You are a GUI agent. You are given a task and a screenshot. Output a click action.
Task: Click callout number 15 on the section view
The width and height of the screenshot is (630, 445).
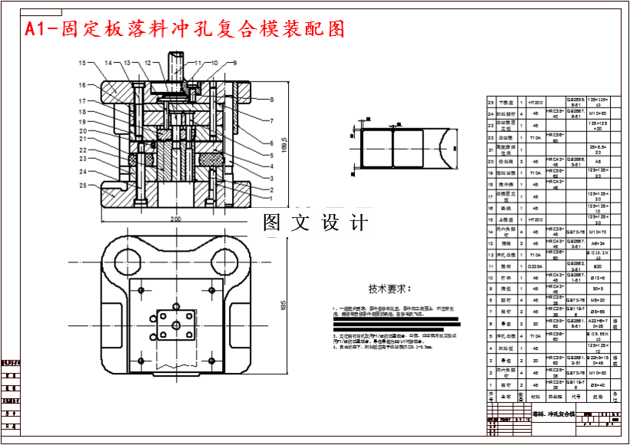[x=81, y=62]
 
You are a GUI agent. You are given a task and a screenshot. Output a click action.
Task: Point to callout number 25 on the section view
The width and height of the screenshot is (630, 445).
[x=81, y=184]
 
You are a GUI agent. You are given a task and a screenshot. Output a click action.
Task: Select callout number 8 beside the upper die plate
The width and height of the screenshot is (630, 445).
[x=271, y=100]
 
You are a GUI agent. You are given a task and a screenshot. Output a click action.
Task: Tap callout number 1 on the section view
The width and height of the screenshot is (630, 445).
[x=271, y=198]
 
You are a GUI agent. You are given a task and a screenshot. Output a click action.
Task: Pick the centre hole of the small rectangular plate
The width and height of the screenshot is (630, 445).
[x=176, y=326]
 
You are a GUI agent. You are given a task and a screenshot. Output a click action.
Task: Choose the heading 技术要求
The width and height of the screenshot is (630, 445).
[x=390, y=289]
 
